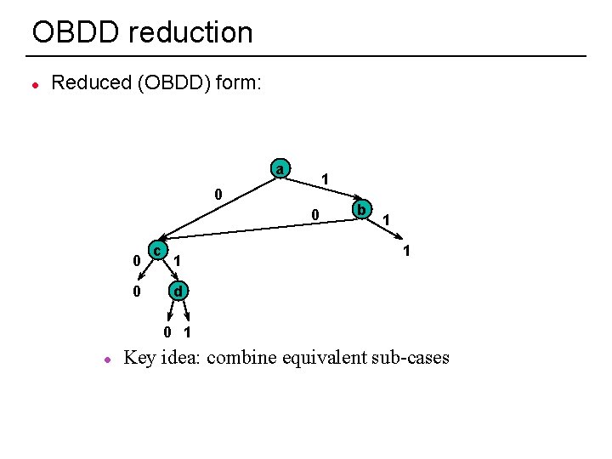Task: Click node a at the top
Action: [x=280, y=167]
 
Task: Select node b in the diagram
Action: [x=361, y=208]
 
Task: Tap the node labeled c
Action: [x=156, y=250]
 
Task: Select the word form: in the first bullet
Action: [x=242, y=82]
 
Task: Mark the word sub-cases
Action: [x=411, y=357]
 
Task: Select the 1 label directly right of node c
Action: [x=177, y=259]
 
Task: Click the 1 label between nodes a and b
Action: [x=325, y=179]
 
